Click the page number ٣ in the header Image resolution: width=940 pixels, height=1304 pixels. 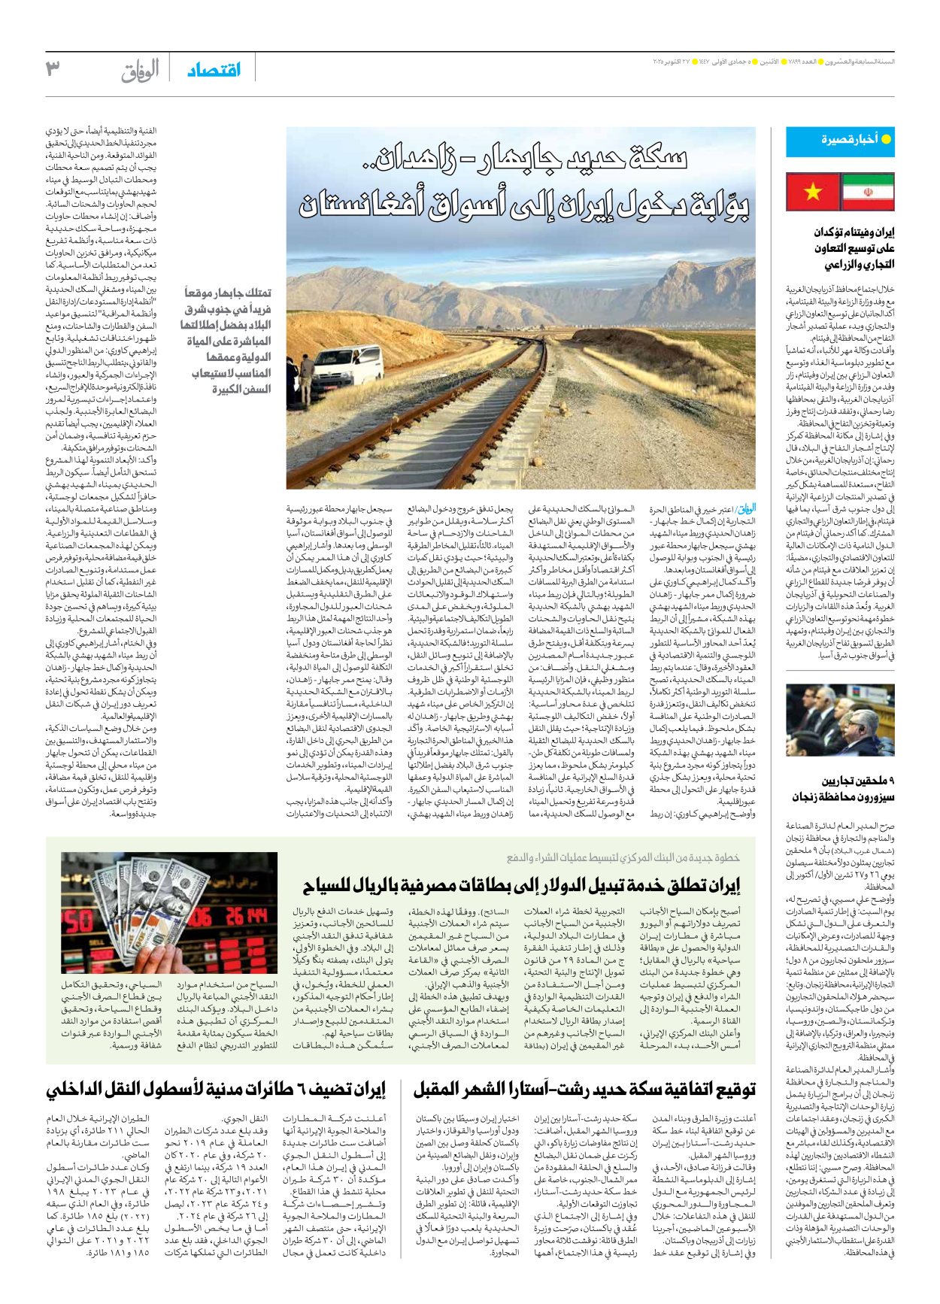53,69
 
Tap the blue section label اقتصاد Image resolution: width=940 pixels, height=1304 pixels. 214,71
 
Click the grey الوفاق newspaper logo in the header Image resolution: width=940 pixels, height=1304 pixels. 141,71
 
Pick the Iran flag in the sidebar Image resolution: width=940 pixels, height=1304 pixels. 867,192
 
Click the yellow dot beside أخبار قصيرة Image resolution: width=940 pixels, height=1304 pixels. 886,140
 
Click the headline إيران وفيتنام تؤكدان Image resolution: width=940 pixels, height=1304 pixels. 844,248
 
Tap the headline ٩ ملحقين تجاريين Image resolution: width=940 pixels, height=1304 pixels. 844,789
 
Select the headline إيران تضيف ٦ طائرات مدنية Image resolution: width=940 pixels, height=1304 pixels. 216,1090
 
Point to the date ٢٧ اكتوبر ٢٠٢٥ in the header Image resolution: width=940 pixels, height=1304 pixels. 671,61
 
